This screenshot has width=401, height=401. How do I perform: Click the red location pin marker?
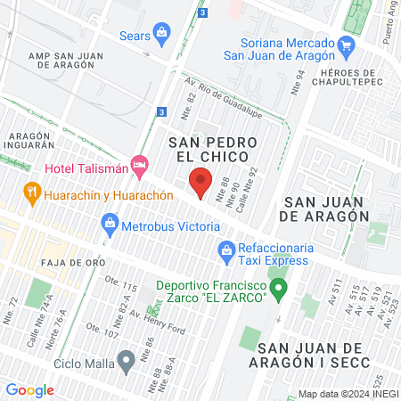(x=201, y=182)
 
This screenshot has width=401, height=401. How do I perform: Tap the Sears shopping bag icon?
(x=161, y=37)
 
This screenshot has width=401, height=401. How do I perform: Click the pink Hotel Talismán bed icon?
(x=138, y=165)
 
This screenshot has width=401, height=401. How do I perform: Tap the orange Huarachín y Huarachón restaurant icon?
(x=32, y=191)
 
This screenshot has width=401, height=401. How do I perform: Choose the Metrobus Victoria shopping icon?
(x=110, y=223)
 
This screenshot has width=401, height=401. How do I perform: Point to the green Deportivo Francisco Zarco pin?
(x=279, y=289)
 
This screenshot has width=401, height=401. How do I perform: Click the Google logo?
(x=29, y=389)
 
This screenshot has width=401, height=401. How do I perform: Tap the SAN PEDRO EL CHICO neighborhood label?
(x=214, y=151)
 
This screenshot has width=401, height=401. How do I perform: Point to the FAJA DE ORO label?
(x=72, y=263)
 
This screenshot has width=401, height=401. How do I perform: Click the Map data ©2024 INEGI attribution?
(x=348, y=394)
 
